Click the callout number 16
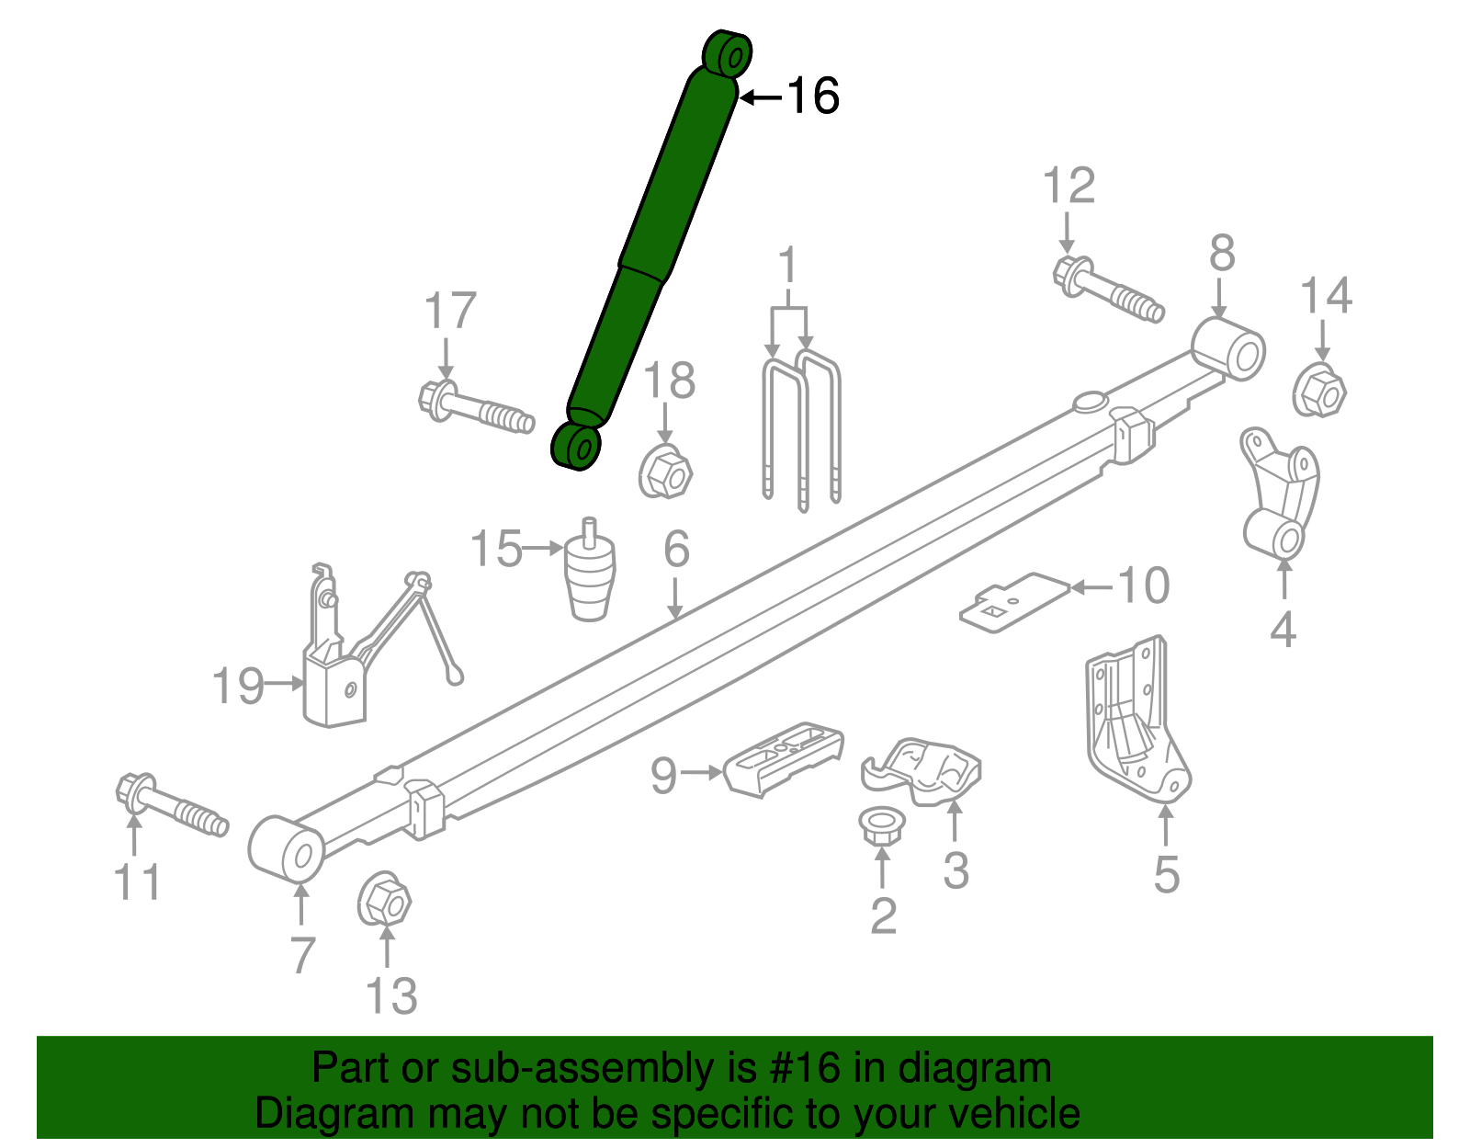pyautogui.click(x=813, y=96)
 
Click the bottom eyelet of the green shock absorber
pyautogui.click(x=576, y=447)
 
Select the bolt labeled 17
pyautogui.click(x=475, y=408)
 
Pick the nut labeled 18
pyautogui.click(x=664, y=472)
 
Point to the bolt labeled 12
pyautogui.click(x=1106, y=289)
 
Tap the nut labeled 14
pyautogui.click(x=1319, y=392)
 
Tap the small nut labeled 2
pyautogui.click(x=882, y=825)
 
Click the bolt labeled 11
pyautogui.click(x=171, y=807)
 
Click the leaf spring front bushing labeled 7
pyautogui.click(x=286, y=847)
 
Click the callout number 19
pyautogui.click(x=238, y=686)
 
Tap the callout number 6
pyautogui.click(x=676, y=550)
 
